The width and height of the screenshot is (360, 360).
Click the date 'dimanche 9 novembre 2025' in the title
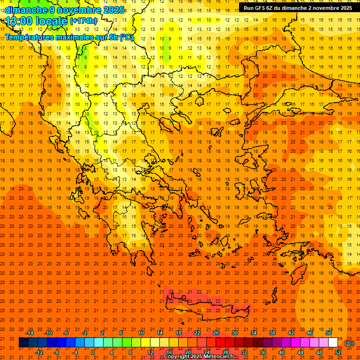click(65, 10)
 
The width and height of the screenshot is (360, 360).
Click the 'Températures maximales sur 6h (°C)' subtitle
click(69, 37)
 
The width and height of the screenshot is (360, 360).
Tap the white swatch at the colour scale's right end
click(333, 343)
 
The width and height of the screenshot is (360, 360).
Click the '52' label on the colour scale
click(337, 352)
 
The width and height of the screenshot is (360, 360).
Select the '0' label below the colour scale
click(93, 352)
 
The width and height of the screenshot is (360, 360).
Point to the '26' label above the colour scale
click(216, 333)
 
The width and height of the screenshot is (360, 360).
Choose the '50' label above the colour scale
click(329, 333)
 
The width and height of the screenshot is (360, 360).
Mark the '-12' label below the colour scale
click(39, 352)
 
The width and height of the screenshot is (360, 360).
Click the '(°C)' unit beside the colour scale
click(349, 343)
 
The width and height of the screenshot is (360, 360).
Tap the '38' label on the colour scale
click(272, 333)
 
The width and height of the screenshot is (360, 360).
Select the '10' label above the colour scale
click(141, 333)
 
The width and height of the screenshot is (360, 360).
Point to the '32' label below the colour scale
click(244, 352)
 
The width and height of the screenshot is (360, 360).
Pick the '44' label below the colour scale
click(300, 352)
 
